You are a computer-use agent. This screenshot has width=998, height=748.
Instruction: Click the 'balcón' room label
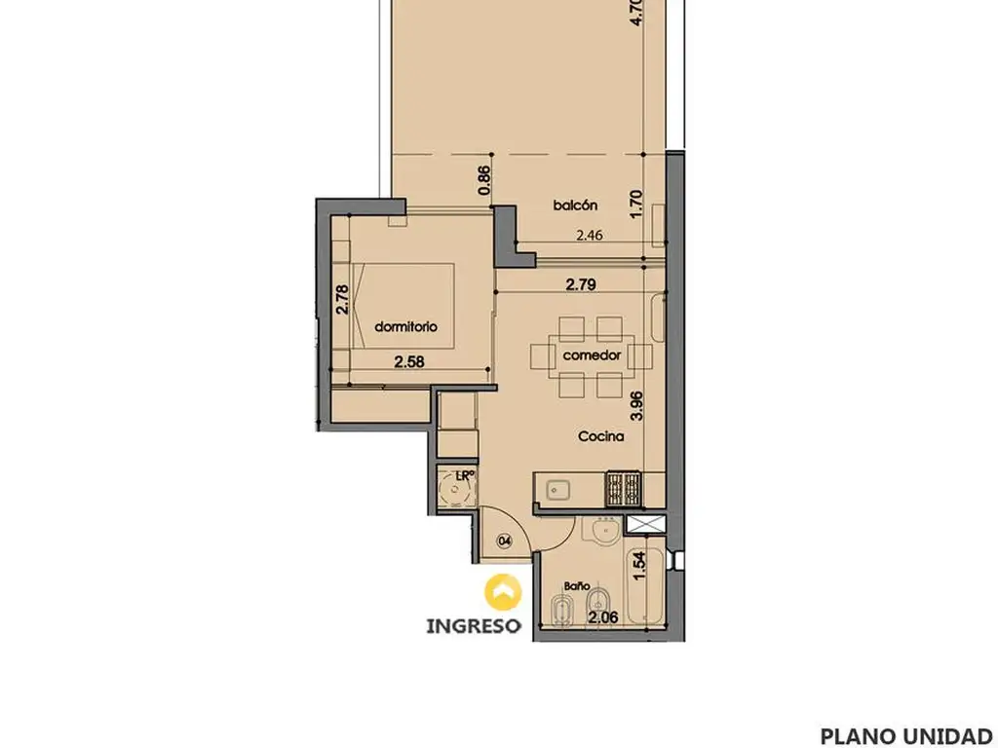pos(575,206)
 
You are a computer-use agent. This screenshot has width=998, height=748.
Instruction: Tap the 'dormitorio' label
pos(406,327)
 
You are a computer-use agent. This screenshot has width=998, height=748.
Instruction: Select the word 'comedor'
pos(592,355)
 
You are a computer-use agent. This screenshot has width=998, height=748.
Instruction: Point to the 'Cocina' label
pos(600,436)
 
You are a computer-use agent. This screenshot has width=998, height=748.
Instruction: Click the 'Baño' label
pos(577,585)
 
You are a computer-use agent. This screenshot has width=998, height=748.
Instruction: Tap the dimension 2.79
pos(581,284)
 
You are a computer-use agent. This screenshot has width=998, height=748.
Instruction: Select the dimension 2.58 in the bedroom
pos(409,362)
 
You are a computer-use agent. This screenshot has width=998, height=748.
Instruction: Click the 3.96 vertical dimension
pos(635,406)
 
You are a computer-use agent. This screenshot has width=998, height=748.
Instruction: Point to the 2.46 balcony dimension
pos(590,236)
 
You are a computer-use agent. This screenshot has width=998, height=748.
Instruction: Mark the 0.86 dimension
pos(484,179)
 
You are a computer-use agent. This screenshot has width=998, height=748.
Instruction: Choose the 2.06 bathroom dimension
pos(602,617)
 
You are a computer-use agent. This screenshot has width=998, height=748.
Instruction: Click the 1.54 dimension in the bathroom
pos(639,565)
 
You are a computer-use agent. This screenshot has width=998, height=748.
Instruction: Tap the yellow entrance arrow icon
pos(503,592)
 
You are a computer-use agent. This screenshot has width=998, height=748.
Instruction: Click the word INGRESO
pos(473,626)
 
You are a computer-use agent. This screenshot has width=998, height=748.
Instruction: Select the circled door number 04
pos(506,542)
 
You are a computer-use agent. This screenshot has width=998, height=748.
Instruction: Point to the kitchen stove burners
pos(623,488)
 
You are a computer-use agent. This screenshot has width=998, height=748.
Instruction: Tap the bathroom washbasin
pos(602,532)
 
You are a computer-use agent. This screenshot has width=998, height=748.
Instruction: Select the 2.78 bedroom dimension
pos(342,299)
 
